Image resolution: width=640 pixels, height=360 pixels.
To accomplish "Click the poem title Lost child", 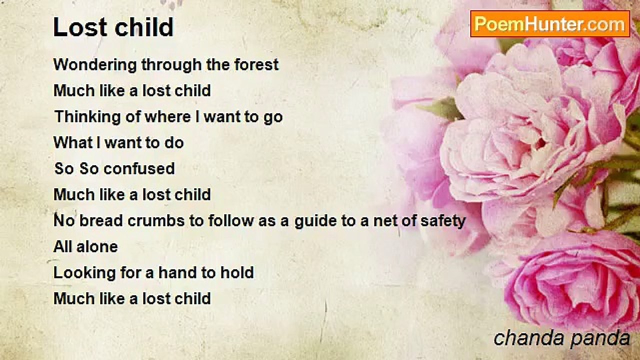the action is [x=113, y=27].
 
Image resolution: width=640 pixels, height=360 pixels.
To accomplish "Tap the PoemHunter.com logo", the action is [x=550, y=24].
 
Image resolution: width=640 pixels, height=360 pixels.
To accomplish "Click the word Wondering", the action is [x=95, y=65].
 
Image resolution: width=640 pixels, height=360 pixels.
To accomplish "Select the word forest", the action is [x=256, y=64].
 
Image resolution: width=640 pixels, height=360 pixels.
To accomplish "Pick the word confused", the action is [x=139, y=168].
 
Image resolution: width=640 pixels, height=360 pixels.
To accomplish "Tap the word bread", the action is [x=101, y=220].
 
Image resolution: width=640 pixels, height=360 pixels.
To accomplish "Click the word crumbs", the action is [x=156, y=220].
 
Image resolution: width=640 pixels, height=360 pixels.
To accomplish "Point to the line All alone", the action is [x=85, y=246].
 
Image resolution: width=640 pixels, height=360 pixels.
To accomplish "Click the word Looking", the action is [x=84, y=273].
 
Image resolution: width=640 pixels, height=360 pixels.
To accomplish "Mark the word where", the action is [x=167, y=117].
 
